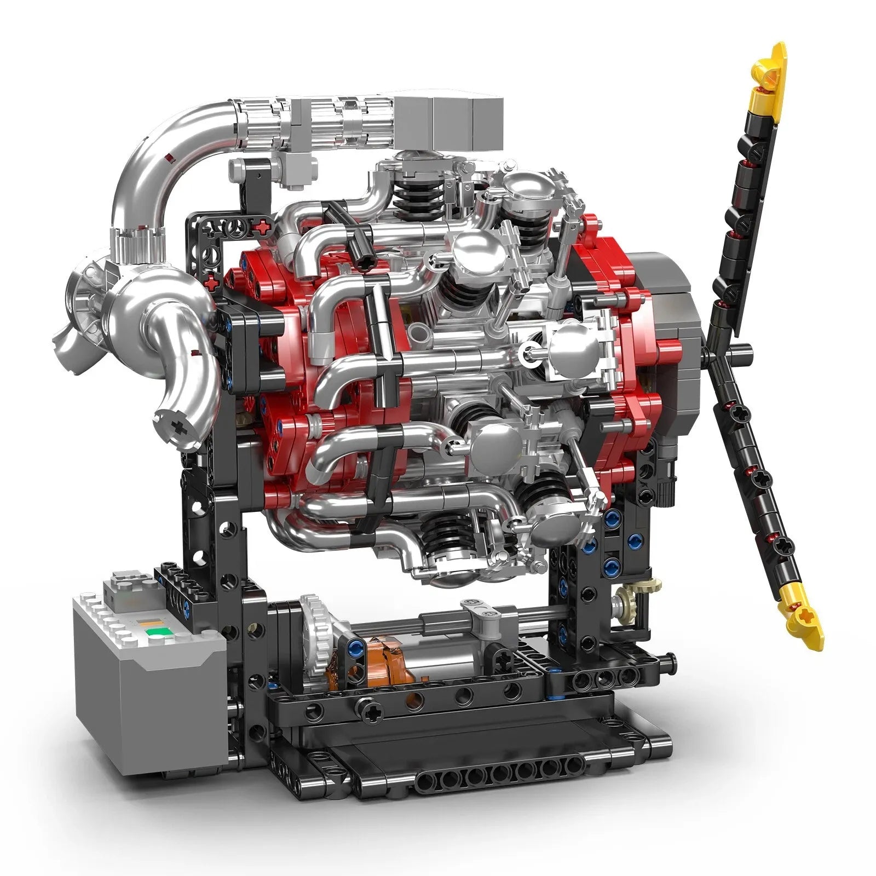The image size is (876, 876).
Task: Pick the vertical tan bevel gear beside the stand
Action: [x=625, y=605]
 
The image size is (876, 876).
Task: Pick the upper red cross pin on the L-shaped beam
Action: [x=264, y=225]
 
